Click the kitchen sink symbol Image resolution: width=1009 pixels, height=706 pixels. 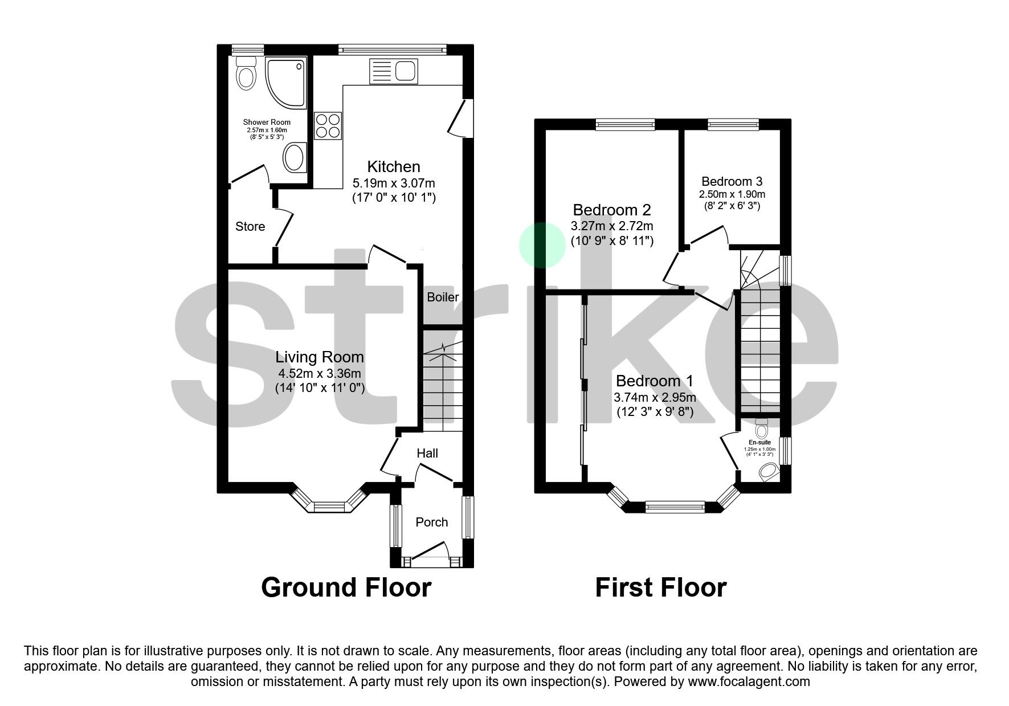(394, 71)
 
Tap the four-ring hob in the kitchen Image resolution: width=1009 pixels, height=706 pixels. (328, 126)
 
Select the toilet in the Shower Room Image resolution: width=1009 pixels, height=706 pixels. (246, 75)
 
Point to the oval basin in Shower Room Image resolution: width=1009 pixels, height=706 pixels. (294, 157)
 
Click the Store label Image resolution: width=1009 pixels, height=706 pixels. (250, 227)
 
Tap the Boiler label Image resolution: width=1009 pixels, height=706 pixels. (443, 297)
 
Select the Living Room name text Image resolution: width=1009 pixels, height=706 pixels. (319, 357)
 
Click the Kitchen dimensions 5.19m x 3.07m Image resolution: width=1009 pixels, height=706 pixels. (394, 183)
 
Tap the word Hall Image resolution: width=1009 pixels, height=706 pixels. (427, 453)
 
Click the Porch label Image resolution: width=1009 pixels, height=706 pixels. (431, 522)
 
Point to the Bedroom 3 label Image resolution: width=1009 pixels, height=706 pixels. (732, 182)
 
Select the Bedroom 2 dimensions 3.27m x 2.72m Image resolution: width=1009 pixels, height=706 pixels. (612, 226)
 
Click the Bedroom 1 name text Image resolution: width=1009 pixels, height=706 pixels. (655, 381)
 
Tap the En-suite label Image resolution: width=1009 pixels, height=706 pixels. (759, 442)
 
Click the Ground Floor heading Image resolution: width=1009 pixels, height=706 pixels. (346, 587)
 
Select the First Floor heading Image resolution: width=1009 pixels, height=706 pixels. (660, 587)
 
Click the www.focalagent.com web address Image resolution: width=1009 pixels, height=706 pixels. (749, 681)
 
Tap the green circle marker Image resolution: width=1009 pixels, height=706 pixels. (542, 245)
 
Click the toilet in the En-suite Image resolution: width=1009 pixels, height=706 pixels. (762, 425)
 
